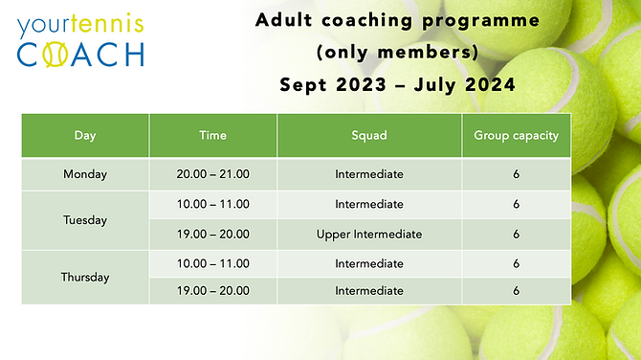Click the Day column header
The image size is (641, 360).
pos(85,135)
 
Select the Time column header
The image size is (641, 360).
pos(212,135)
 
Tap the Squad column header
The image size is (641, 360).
pos(368,135)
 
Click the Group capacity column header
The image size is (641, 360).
pos(516,135)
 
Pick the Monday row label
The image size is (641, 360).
pos(85,174)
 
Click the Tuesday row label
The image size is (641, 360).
pos(85,219)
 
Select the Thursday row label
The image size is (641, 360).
pos(85,278)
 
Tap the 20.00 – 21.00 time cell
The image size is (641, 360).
pos(212,174)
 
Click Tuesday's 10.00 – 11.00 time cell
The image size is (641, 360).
pos(212,204)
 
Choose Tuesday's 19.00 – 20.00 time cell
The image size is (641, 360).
pos(212,234)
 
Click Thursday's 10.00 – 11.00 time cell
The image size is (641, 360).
pos(212,263)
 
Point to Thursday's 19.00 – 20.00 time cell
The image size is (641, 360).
pos(212,292)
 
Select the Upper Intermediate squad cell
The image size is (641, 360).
pos(368,234)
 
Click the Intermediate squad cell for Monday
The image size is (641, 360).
pos(368,174)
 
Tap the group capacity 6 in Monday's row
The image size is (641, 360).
pos(516,174)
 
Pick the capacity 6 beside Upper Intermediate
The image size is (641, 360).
pos(516,234)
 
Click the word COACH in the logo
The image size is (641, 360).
pos(80,53)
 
